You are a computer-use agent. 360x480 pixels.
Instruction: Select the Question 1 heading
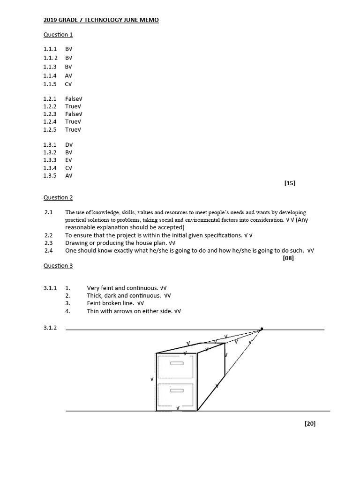point(58,35)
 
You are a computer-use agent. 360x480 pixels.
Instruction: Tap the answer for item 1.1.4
point(68,75)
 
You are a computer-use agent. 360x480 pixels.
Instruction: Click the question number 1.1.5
point(50,84)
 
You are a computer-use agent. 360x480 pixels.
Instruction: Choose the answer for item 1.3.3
point(68,160)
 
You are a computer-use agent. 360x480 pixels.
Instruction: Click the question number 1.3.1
point(50,145)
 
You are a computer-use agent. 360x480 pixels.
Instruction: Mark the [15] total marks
point(290,183)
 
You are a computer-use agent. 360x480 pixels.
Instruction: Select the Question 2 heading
point(58,198)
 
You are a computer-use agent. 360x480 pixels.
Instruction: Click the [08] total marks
point(288,258)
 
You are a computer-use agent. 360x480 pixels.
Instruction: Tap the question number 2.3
point(49,243)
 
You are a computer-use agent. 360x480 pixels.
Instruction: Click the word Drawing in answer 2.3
point(76,243)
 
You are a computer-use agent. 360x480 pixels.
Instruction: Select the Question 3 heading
point(58,266)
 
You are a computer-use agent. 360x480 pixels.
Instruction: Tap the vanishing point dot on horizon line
point(262,329)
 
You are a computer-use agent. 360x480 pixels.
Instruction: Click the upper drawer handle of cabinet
point(176,363)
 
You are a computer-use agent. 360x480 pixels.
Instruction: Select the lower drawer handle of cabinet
point(176,390)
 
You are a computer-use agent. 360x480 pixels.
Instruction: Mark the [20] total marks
point(310,424)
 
